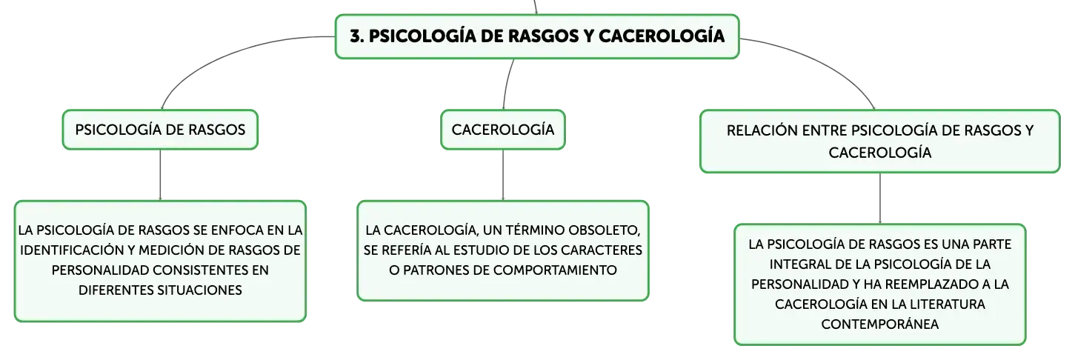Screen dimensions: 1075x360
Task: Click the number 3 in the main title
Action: click(x=355, y=36)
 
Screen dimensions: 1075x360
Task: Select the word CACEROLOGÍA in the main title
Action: click(x=662, y=36)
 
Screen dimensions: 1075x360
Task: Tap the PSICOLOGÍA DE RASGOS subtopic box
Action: click(x=160, y=130)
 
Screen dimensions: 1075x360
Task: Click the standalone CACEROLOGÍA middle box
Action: click(x=503, y=130)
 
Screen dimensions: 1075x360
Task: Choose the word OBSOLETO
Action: click(x=605, y=230)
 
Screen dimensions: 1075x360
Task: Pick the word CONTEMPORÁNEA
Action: click(x=879, y=324)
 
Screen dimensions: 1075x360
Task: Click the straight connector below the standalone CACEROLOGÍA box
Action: click(x=503, y=176)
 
